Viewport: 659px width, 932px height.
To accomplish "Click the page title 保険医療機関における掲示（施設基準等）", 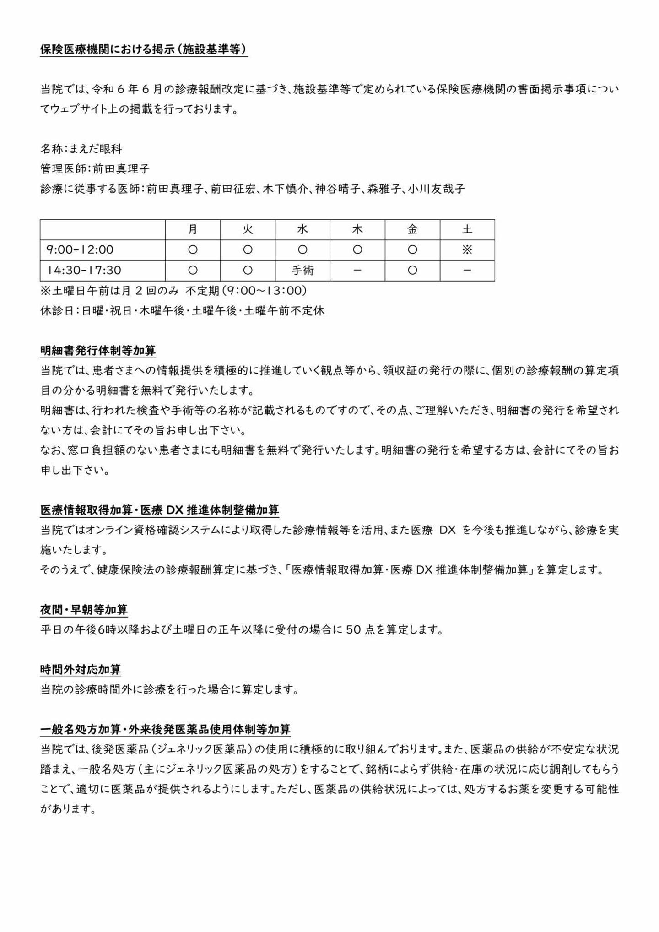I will [x=144, y=50].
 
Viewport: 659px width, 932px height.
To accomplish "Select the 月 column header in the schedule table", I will [x=193, y=229].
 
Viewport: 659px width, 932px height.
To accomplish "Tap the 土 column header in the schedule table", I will [x=467, y=229].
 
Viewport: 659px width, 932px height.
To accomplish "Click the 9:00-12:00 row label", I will [x=80, y=249].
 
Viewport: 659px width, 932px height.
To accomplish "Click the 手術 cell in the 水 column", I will [x=302, y=270].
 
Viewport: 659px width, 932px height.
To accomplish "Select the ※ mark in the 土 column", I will [x=467, y=249].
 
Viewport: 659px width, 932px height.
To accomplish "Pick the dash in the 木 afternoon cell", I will [x=357, y=270].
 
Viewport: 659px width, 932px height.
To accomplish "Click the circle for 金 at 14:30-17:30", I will [x=412, y=270].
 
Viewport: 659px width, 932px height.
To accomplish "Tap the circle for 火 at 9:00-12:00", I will [x=248, y=249].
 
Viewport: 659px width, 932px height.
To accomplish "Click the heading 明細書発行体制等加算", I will [x=98, y=351].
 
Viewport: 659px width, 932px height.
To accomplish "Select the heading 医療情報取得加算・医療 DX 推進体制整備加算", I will [x=159, y=510].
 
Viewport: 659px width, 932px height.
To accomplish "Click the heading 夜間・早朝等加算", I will [x=84, y=610].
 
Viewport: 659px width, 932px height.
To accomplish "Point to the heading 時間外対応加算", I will [x=81, y=670].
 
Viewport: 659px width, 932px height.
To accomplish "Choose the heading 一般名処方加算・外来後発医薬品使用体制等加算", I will [x=165, y=729].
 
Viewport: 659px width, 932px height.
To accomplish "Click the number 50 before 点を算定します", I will [x=353, y=630].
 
